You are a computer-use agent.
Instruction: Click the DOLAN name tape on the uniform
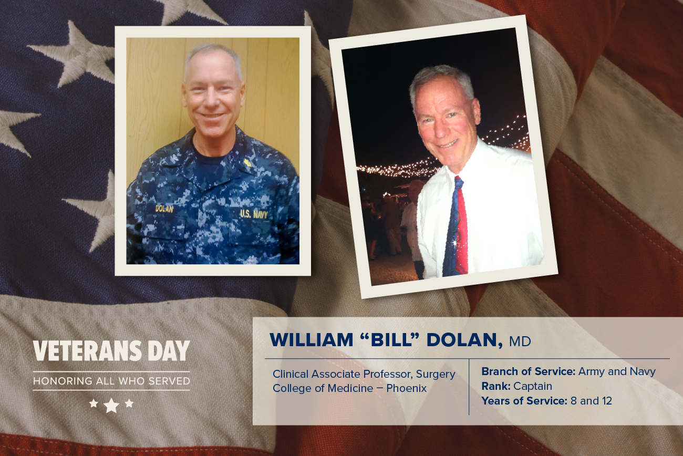coord(164,209)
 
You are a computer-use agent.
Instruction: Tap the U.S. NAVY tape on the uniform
coord(254,214)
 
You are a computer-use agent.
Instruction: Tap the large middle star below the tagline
coord(111,405)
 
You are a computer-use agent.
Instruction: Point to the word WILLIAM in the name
coord(312,339)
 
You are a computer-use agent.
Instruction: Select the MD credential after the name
coord(520,341)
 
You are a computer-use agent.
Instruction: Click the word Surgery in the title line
coord(436,375)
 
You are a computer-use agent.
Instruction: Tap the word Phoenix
coord(407,388)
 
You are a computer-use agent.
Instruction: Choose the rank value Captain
coord(533,386)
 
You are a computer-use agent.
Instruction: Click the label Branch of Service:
coord(529,371)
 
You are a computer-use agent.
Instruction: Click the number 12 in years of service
coord(606,401)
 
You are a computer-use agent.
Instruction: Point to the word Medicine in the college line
coord(355,388)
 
